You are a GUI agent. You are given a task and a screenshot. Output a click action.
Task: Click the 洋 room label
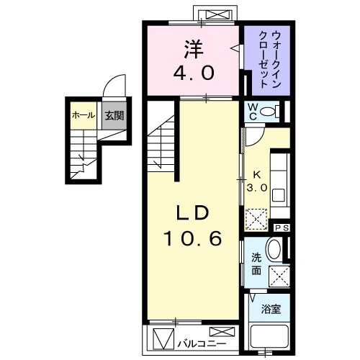[194, 50]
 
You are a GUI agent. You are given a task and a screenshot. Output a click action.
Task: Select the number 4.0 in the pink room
[194, 72]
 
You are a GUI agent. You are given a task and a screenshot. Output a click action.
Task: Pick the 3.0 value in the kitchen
[258, 186]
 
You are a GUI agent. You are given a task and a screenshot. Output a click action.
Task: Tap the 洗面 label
[256, 264]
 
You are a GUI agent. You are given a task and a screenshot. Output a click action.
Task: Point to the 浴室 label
[271, 310]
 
